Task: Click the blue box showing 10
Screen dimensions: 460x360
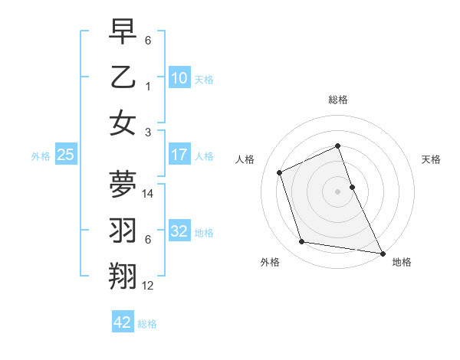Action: pyautogui.click(x=179, y=77)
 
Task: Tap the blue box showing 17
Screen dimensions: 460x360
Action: pyautogui.click(x=179, y=155)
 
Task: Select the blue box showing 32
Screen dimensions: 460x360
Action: pyautogui.click(x=179, y=231)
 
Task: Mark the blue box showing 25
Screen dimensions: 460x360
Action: pyautogui.click(x=66, y=155)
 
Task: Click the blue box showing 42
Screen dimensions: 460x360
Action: pyautogui.click(x=123, y=322)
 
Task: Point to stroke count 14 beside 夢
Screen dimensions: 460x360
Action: pyautogui.click(x=149, y=194)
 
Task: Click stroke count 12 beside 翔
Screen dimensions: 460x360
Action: pyautogui.click(x=149, y=286)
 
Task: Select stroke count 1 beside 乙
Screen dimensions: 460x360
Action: pyautogui.click(x=148, y=87)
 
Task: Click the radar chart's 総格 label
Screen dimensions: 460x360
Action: pyautogui.click(x=337, y=100)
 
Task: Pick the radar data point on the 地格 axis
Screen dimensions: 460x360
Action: pyautogui.click(x=382, y=252)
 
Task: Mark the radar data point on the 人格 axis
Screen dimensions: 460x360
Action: pyautogui.click(x=281, y=172)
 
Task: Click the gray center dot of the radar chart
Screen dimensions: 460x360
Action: pyautogui.click(x=337, y=191)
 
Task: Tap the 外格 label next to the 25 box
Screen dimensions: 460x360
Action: pyautogui.click(x=41, y=155)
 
